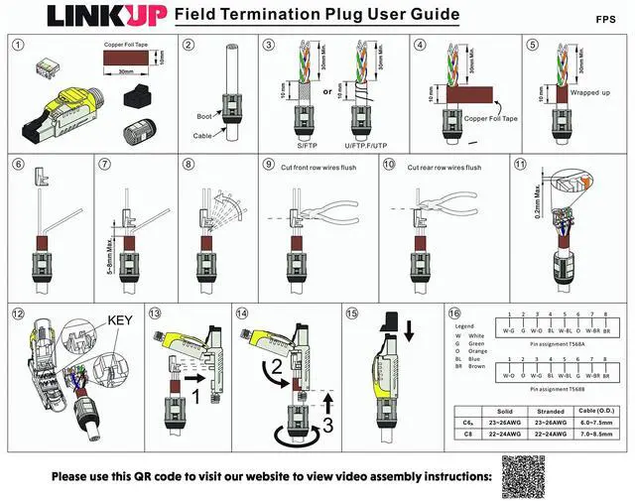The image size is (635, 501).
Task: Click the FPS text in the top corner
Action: (x=606, y=19)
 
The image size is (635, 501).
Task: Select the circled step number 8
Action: (x=189, y=164)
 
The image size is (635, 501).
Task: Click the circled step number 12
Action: (x=17, y=313)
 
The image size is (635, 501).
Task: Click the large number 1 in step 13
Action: (x=195, y=395)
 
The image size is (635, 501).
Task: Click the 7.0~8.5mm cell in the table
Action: (x=594, y=434)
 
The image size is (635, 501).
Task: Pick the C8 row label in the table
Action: (x=467, y=434)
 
